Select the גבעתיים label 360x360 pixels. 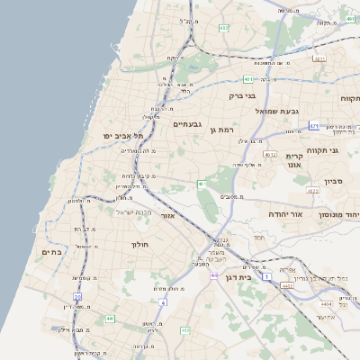pyautogui.click(x=187, y=124)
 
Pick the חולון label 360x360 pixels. pyautogui.click(x=139, y=244)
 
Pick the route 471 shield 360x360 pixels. pyautogui.click(x=313, y=126)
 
